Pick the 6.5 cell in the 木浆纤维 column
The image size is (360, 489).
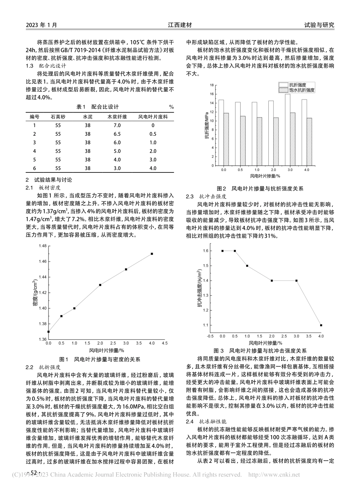(117, 134)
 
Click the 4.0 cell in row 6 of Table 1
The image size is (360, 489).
(153, 168)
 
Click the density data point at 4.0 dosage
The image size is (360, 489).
(152, 254)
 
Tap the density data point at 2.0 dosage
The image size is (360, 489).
(100, 285)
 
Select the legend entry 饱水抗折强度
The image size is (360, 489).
(302, 90)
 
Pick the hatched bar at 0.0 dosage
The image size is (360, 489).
(226, 139)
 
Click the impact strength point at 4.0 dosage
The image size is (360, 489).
(321, 325)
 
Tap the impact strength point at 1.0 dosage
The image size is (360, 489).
(247, 266)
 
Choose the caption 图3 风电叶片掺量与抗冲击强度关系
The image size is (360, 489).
(260, 351)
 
